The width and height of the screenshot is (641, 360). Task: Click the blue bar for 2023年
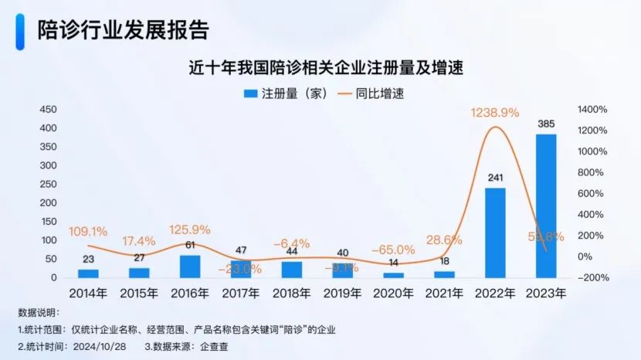pyautogui.click(x=546, y=205)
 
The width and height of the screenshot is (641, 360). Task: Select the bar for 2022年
pyautogui.click(x=495, y=233)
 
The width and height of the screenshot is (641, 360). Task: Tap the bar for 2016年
pyautogui.click(x=190, y=267)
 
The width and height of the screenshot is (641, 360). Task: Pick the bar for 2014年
pyautogui.click(x=88, y=273)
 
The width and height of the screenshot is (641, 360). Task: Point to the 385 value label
pyautogui.click(x=546, y=124)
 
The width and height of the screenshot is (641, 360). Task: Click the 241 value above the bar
pyautogui.click(x=495, y=178)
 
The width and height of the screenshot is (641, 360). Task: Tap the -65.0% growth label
pyautogui.click(x=393, y=250)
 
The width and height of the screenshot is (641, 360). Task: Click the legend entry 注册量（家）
pyautogui.click(x=287, y=93)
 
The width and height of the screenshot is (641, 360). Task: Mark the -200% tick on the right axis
pyautogui.click(x=592, y=277)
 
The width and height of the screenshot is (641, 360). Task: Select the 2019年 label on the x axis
pyautogui.click(x=342, y=294)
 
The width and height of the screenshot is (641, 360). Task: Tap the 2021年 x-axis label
pyautogui.click(x=444, y=294)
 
